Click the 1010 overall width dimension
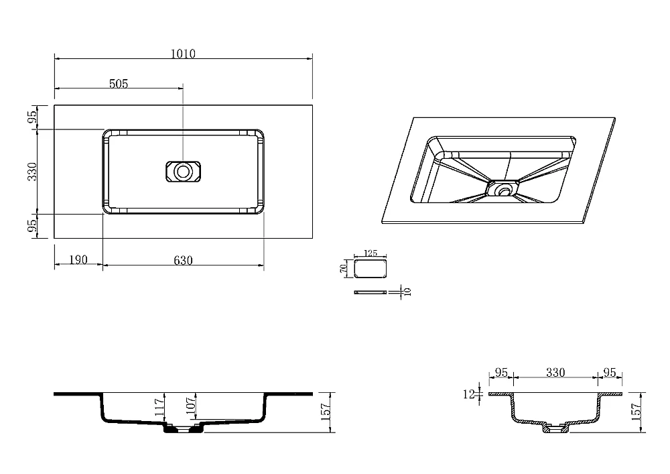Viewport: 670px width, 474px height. pyautogui.click(x=183, y=54)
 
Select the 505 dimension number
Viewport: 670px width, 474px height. pyautogui.click(x=119, y=84)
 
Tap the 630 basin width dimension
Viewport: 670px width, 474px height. pyautogui.click(x=183, y=260)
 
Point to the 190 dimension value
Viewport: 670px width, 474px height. pyautogui.click(x=78, y=259)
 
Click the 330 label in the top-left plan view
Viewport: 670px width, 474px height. pyautogui.click(x=32, y=172)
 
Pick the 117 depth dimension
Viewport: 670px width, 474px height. pyautogui.click(x=159, y=408)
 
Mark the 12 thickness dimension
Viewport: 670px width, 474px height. pyautogui.click(x=469, y=394)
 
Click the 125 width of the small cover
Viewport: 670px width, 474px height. pyautogui.click(x=371, y=253)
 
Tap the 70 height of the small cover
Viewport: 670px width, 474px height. pyautogui.click(x=342, y=268)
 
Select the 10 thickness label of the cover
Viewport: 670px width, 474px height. pyautogui.click(x=407, y=292)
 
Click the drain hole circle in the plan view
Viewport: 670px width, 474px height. pyautogui.click(x=183, y=172)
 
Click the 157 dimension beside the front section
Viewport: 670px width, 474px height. pyautogui.click(x=326, y=412)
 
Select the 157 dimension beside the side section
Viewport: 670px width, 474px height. pyautogui.click(x=636, y=412)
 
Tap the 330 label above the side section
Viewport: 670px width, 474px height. pyautogui.click(x=555, y=373)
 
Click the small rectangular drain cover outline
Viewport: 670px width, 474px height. pyautogui.click(x=371, y=268)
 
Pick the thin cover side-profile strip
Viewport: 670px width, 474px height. pyautogui.click(x=371, y=292)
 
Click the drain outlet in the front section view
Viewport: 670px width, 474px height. pyautogui.click(x=183, y=428)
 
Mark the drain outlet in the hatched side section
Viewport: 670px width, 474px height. pyautogui.click(x=555, y=428)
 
